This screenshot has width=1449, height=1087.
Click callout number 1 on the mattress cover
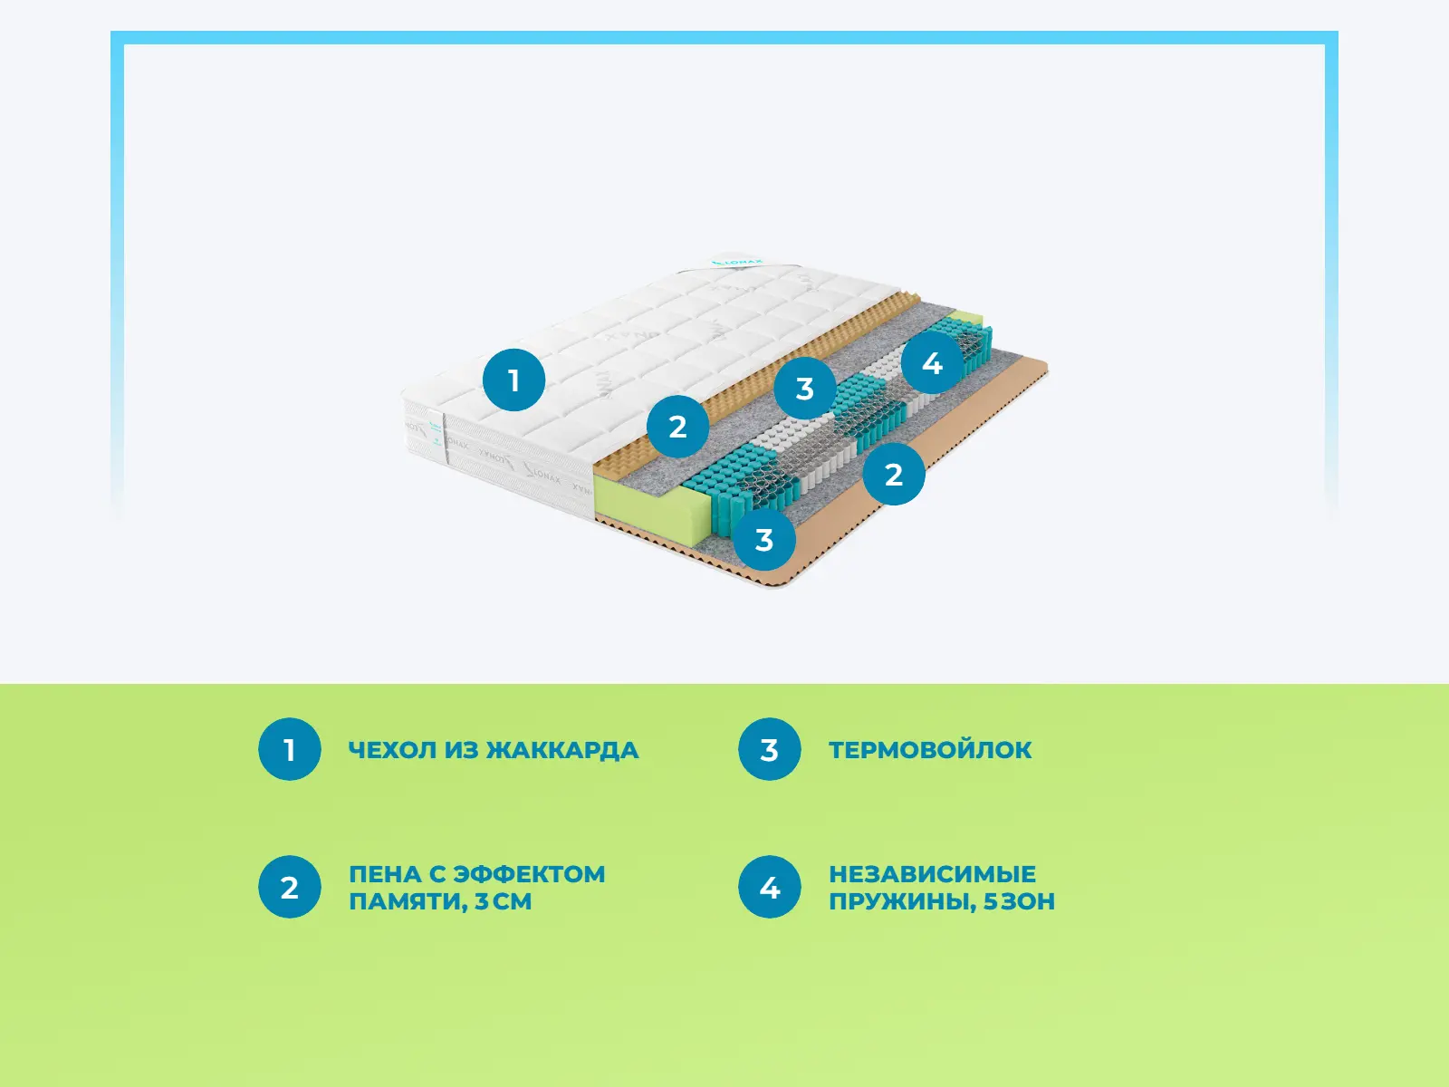513,380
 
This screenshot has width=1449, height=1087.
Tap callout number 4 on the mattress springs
932,362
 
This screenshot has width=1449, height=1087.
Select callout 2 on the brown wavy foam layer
677,426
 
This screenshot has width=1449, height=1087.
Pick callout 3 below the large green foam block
763,540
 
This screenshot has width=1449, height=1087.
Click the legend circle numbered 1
289,749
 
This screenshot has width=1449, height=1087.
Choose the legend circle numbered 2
289,887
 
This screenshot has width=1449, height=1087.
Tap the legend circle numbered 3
769,749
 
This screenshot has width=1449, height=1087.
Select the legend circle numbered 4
769,887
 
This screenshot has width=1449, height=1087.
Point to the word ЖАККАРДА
562,750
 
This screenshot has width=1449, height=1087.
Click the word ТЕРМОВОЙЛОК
930,750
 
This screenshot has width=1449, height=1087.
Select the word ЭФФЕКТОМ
529,874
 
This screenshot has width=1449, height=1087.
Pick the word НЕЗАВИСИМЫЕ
932,874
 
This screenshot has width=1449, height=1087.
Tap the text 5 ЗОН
1020,901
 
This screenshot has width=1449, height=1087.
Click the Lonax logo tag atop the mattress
737,263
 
